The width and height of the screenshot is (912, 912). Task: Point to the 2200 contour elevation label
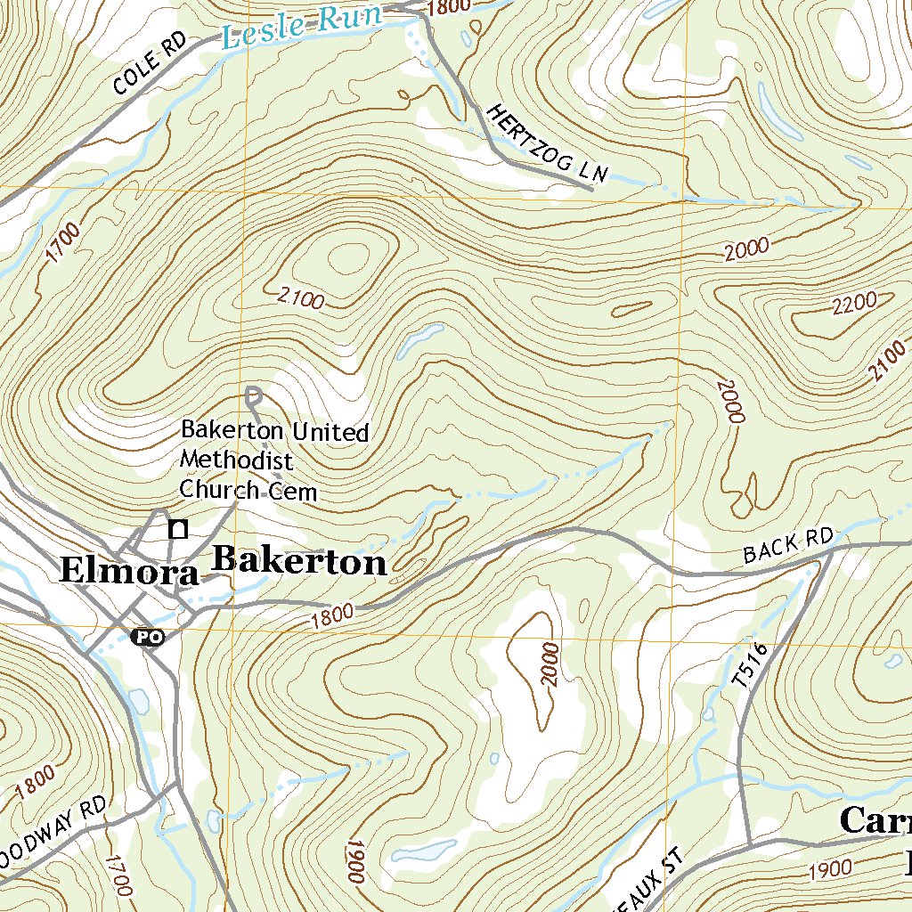853,305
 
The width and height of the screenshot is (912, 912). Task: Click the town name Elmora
129,572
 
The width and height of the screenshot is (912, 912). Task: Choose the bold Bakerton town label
300,562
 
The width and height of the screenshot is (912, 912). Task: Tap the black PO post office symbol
147,637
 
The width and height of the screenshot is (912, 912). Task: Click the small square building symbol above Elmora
179,530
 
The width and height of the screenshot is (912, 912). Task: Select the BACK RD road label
787,546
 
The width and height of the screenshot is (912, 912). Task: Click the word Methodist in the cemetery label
236,460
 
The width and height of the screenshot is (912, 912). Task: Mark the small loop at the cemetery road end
253,393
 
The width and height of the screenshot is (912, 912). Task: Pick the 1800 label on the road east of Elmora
333,614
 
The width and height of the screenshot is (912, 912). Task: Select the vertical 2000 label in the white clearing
549,664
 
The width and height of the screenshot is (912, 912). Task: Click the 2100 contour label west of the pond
300,298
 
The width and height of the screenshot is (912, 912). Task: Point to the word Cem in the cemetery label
295,490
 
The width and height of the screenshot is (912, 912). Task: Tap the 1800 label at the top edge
448,8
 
